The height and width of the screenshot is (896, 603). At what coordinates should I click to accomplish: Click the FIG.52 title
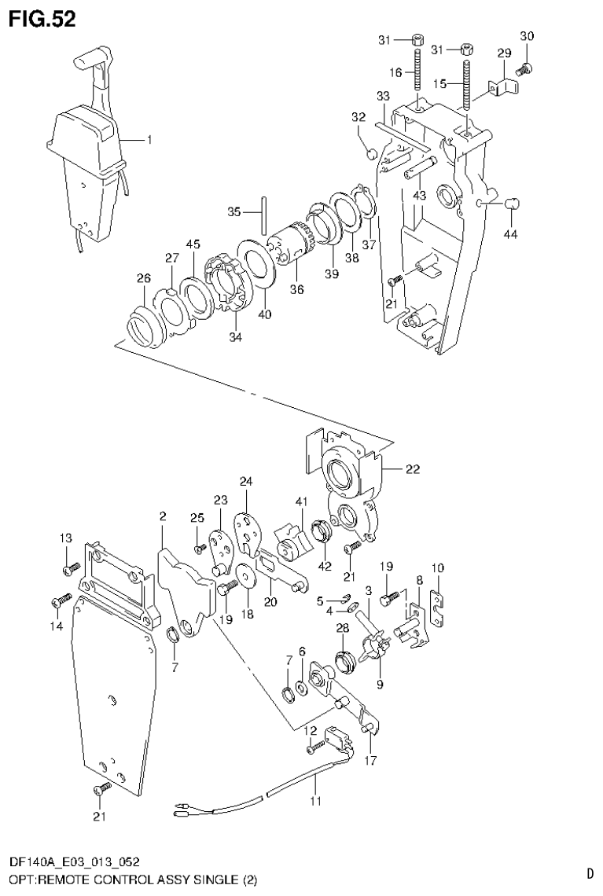43,19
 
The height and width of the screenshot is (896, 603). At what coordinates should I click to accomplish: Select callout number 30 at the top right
527,35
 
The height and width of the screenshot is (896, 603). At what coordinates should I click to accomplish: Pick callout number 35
233,211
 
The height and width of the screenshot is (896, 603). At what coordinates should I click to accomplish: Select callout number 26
143,277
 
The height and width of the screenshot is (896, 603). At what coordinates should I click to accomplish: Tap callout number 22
412,470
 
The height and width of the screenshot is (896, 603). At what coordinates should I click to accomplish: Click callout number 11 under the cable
316,802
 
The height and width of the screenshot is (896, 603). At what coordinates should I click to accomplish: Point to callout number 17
370,760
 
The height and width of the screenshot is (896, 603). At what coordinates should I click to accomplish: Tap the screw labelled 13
72,565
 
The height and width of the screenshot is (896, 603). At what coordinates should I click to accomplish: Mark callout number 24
246,481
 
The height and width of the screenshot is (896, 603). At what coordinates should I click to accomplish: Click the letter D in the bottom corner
589,872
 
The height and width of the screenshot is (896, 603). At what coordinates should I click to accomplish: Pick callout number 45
193,244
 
